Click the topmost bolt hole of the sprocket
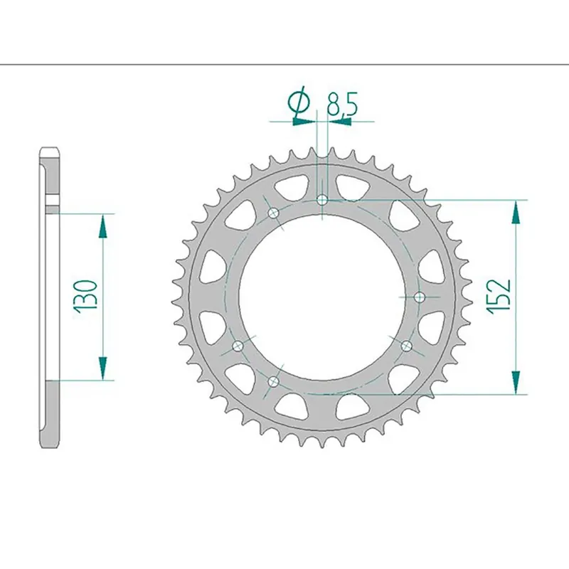(x=322, y=200)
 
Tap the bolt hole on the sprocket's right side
(x=419, y=296)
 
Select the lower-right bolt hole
(x=406, y=346)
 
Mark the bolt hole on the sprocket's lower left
(x=238, y=346)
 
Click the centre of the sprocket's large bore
(x=322, y=296)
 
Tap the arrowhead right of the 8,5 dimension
(x=340, y=122)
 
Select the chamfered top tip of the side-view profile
(x=49, y=151)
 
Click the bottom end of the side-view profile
(x=49, y=444)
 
